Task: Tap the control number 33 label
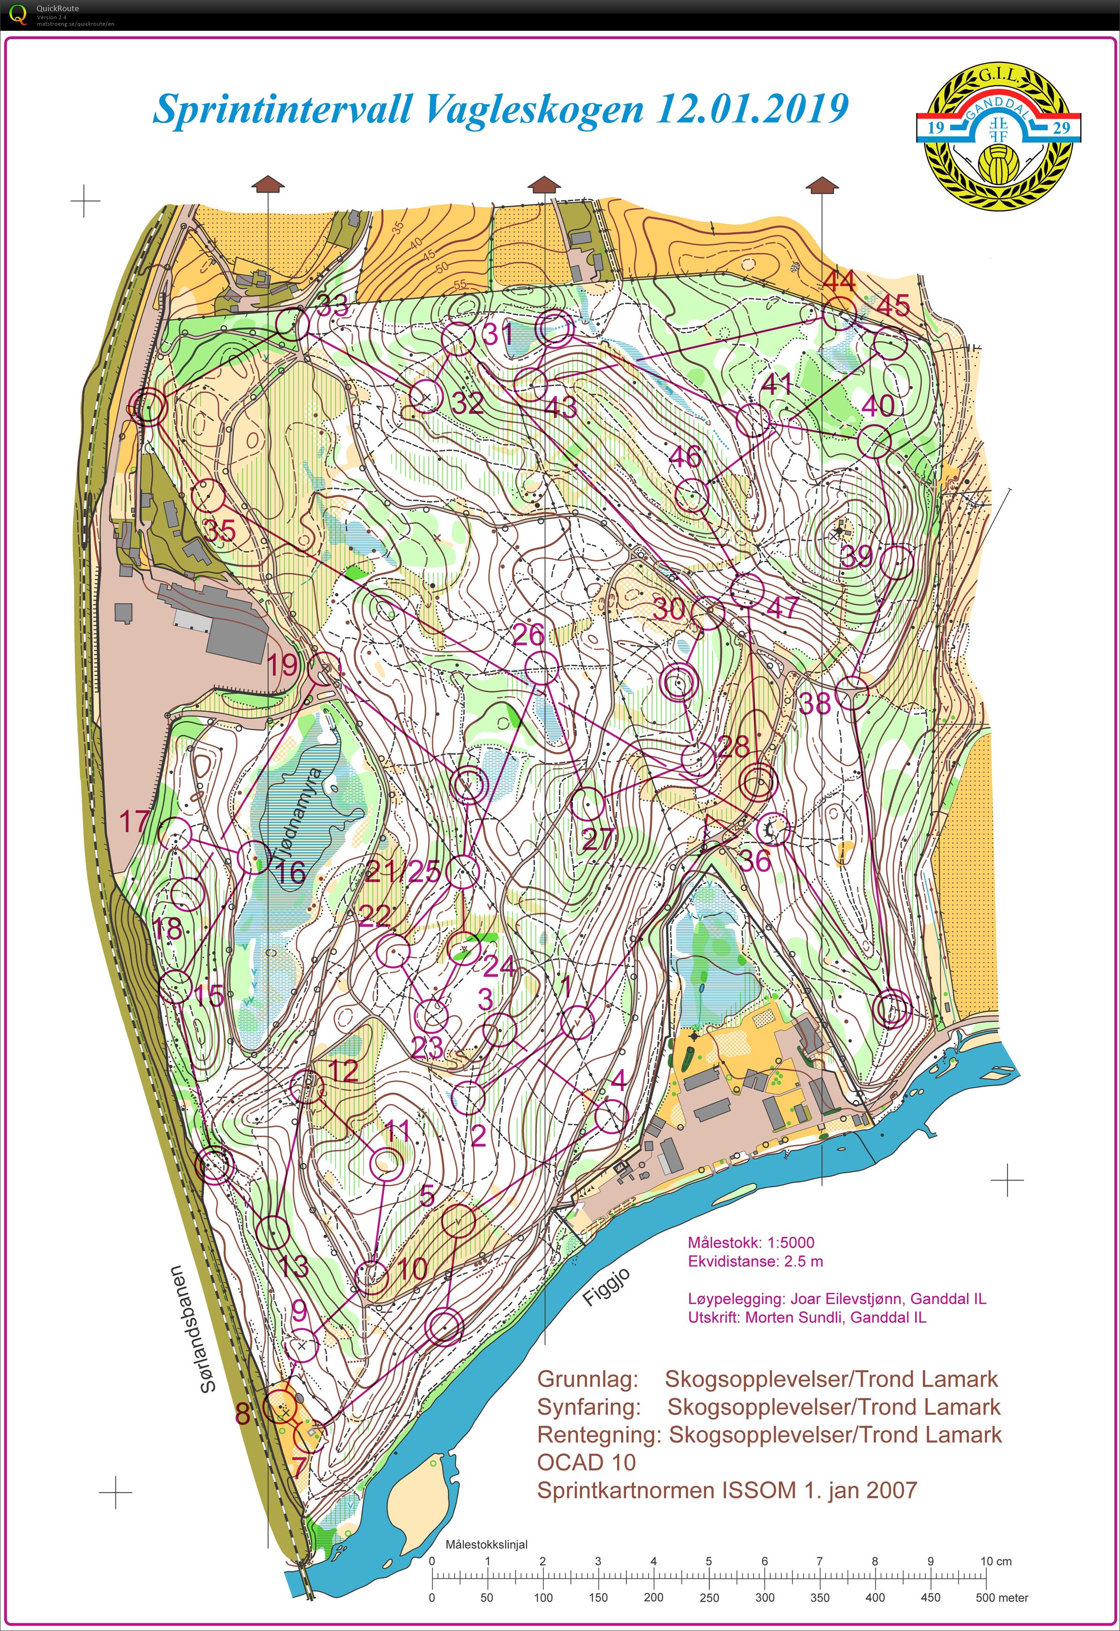coord(332,305)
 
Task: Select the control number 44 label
coord(839,281)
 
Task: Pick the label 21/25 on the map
coord(402,872)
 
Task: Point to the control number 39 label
coord(857,556)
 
